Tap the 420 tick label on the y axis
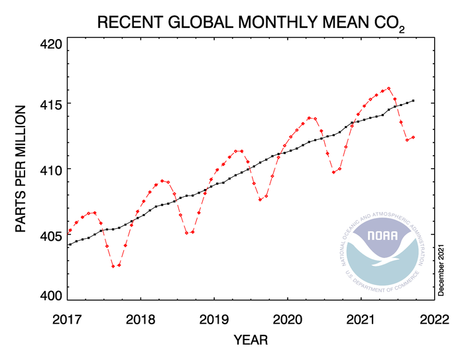point(50,46)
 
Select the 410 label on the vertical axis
point(50,170)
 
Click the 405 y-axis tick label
point(50,235)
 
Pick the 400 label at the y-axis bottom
point(50,296)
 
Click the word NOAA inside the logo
point(384,235)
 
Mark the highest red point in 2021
point(388,88)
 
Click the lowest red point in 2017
point(113,266)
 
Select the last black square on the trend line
point(413,101)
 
